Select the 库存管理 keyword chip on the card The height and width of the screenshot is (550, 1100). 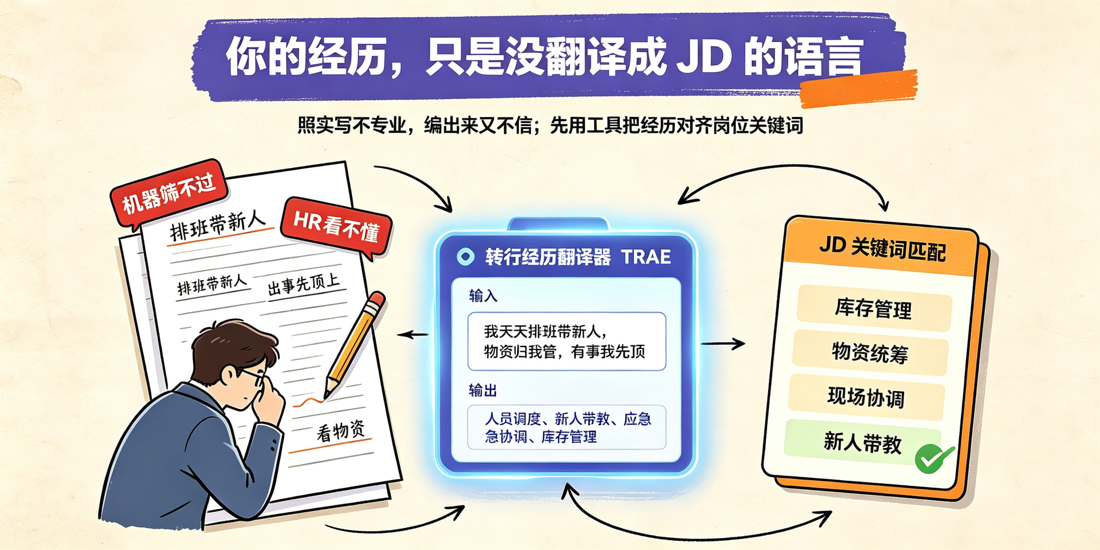(x=874, y=308)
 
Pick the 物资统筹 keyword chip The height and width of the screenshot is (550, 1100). (x=870, y=352)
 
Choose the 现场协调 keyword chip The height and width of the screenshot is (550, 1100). (x=866, y=396)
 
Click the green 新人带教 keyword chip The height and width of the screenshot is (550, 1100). (x=862, y=442)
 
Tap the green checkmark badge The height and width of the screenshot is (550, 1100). (x=934, y=458)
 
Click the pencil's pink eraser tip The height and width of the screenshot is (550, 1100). (x=376, y=300)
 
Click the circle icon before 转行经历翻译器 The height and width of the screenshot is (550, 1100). (x=465, y=257)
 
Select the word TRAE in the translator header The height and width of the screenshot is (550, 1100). (x=646, y=257)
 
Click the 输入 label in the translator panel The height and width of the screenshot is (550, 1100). (x=483, y=296)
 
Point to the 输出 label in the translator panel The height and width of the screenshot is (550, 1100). (x=483, y=391)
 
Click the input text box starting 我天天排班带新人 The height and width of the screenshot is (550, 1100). (x=567, y=341)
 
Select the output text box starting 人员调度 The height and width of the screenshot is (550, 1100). (x=567, y=427)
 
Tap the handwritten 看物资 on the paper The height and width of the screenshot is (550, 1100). (x=341, y=430)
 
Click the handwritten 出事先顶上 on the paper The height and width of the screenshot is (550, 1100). (x=304, y=284)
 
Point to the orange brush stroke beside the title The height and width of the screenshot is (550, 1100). (x=858, y=89)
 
